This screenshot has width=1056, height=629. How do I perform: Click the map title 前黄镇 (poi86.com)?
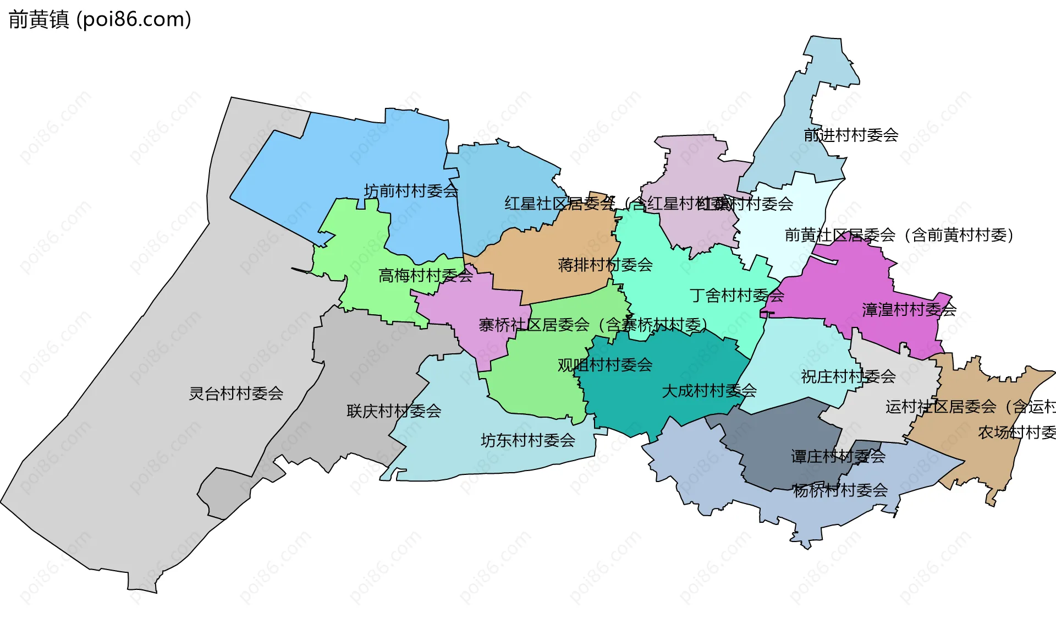(100, 19)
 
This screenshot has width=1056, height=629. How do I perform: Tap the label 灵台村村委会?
(236, 393)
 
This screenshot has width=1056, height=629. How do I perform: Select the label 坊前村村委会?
(411, 191)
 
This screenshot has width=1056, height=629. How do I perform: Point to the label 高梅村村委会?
(425, 275)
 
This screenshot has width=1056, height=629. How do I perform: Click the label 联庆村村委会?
(394, 411)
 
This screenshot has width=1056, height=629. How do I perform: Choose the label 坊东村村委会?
(528, 440)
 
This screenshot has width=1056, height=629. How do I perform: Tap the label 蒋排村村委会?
(605, 265)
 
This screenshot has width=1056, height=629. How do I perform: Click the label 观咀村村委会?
(605, 365)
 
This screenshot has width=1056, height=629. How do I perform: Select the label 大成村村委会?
(709, 391)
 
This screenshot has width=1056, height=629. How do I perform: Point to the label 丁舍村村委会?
(737, 296)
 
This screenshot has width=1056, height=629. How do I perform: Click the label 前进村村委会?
(851, 135)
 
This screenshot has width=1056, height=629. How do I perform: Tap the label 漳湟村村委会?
(909, 310)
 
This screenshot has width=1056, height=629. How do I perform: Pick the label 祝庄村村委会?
(848, 377)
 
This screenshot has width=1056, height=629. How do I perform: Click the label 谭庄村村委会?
(838, 456)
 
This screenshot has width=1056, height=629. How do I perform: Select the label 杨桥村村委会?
(840, 490)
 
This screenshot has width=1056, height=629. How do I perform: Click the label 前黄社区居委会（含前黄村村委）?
(899, 235)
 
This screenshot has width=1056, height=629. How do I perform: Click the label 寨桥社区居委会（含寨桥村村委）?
(593, 325)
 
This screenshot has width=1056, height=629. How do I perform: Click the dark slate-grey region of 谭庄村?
(781, 435)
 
